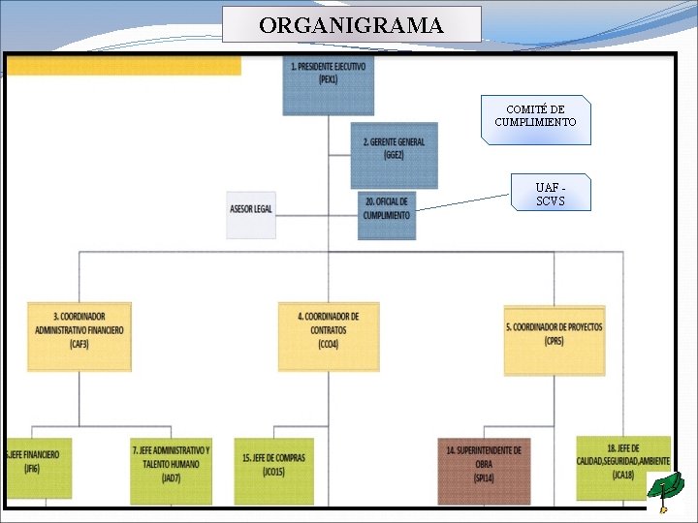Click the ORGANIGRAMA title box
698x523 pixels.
tap(351, 24)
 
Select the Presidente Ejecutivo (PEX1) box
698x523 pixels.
tap(328, 84)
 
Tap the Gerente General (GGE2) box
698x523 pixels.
tap(394, 154)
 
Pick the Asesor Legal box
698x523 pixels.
tap(251, 214)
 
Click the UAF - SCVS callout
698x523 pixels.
tap(550, 194)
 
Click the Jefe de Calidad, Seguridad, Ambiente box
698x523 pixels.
tap(622, 467)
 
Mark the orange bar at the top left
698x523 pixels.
tap(123, 65)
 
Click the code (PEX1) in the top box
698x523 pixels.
tap(328, 79)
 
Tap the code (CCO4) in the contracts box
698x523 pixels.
tap(328, 344)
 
